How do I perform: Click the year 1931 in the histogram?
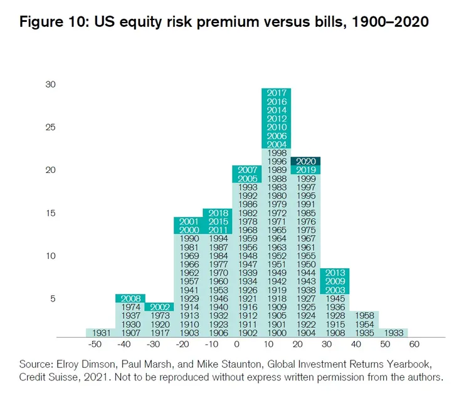tap(100, 333)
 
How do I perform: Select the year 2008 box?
tap(130, 298)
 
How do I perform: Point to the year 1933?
tap(393, 333)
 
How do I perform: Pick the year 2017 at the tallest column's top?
tap(276, 93)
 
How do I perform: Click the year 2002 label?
tap(159, 307)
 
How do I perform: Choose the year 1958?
tap(364, 316)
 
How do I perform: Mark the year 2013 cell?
tap(335, 273)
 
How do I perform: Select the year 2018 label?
tap(218, 213)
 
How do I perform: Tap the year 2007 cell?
tap(247, 170)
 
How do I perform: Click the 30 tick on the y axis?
tap(51, 85)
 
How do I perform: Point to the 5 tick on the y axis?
tap(53, 298)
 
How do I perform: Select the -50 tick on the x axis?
tap(94, 345)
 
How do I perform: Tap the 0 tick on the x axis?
tap(236, 345)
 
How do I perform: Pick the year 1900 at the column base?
tap(276, 333)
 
